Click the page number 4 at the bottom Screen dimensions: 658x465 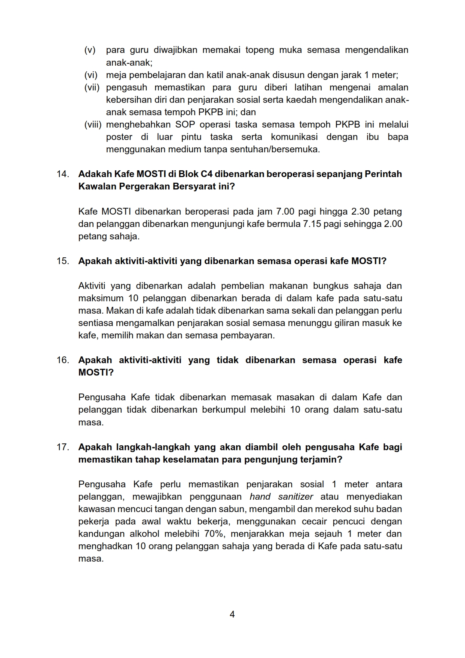[x=232, y=614]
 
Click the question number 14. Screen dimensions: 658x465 [x=63, y=174]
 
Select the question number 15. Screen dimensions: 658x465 [x=63, y=261]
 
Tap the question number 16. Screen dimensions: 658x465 [x=63, y=360]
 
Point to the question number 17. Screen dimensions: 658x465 [x=63, y=447]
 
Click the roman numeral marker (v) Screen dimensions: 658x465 [x=90, y=50]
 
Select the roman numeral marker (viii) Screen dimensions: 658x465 [x=93, y=125]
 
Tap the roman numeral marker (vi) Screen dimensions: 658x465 [x=91, y=75]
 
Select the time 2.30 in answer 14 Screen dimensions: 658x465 [x=361, y=212]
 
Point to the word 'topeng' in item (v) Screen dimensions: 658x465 [x=260, y=50]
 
